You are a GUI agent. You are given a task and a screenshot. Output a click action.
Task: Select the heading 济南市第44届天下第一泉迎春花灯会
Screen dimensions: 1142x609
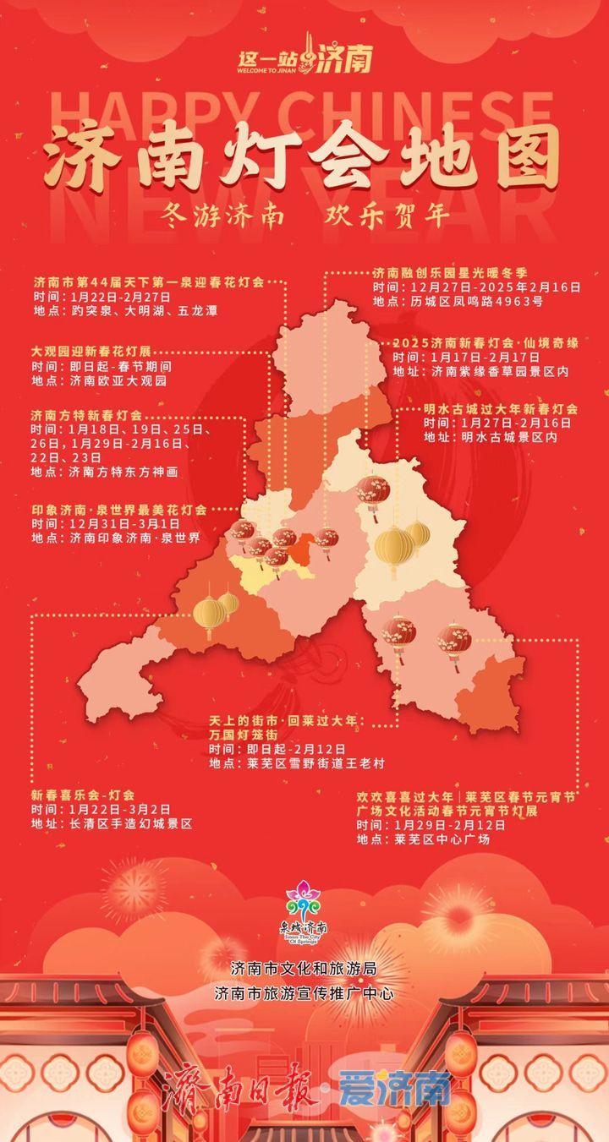pyautogui.click(x=149, y=281)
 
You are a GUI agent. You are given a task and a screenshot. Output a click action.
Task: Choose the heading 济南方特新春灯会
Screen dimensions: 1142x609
pyautogui.click(x=86, y=416)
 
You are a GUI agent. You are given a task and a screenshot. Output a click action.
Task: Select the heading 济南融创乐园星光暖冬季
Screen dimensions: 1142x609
pyautogui.click(x=450, y=273)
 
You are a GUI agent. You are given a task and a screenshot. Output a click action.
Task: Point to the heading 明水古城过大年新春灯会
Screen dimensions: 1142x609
pyautogui.click(x=501, y=409)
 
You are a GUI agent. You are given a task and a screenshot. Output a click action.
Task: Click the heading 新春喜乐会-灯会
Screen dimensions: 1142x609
pyautogui.click(x=83, y=795)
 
